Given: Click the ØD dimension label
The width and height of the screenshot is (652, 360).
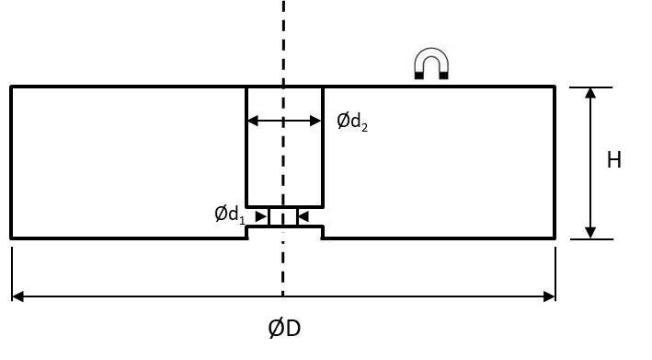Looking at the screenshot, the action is click(x=284, y=329).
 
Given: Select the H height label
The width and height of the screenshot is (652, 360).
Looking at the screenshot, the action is click(x=614, y=160).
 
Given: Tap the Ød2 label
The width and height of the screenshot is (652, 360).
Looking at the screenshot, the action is click(x=352, y=122).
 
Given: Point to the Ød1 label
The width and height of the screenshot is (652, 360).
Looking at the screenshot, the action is click(x=230, y=215).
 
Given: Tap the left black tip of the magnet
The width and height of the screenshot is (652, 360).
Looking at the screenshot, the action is click(x=419, y=75).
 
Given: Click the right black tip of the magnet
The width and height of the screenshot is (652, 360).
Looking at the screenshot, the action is click(x=444, y=75).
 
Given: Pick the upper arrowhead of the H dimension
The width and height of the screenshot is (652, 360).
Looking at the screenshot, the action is click(x=590, y=93).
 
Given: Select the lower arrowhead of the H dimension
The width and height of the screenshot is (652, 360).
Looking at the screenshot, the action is click(x=590, y=233).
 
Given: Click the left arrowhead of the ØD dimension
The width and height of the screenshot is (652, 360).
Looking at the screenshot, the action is click(x=17, y=296).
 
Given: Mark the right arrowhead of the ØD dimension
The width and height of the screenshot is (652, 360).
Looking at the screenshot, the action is click(x=549, y=296).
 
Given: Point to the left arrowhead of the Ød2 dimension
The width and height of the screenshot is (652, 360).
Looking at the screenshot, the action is click(x=253, y=122).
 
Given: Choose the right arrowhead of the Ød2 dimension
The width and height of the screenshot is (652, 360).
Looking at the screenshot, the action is click(x=315, y=122).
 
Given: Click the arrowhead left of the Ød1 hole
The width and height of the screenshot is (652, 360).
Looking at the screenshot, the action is click(x=261, y=216).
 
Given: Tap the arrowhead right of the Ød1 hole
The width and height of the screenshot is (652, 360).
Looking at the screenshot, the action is click(x=304, y=216).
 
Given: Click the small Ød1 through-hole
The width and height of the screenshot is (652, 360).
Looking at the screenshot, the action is click(x=283, y=216).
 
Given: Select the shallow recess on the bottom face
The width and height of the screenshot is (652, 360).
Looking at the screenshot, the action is click(x=285, y=232).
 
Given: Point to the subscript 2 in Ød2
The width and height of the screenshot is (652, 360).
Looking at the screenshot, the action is click(x=365, y=127).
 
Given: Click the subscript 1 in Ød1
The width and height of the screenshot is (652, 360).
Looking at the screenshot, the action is click(x=242, y=220).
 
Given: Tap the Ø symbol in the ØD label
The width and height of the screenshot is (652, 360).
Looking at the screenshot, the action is click(x=276, y=329).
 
